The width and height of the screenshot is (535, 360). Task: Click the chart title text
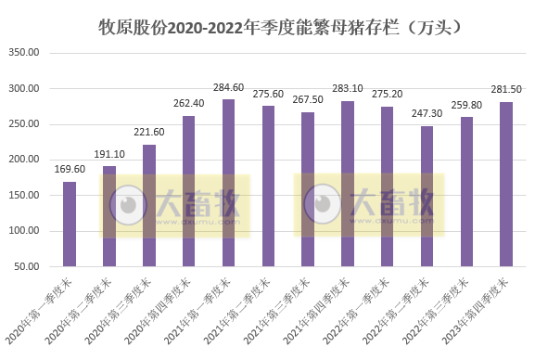coord(279,27)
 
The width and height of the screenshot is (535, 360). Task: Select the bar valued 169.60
coord(70,224)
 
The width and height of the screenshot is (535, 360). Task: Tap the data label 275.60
coord(268,96)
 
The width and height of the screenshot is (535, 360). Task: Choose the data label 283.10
coord(347,90)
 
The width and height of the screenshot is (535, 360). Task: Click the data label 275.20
coord(387,96)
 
